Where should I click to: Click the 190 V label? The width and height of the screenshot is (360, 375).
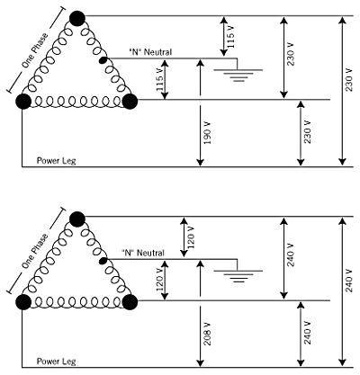click(208, 133)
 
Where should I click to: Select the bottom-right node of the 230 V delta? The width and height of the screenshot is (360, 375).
click(130, 100)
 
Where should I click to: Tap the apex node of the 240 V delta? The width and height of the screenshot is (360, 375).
click(77, 218)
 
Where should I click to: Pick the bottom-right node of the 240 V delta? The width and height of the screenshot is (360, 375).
click(130, 300)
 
